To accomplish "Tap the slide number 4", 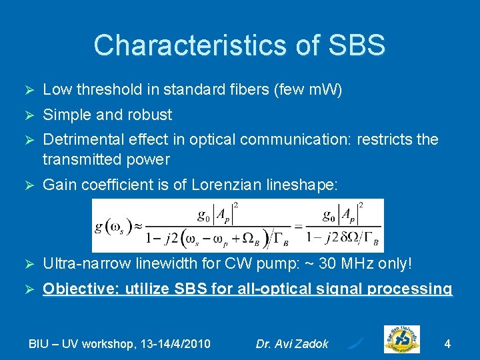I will (447, 344).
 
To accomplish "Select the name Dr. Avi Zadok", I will (292, 344).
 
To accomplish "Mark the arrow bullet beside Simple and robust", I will (28, 115).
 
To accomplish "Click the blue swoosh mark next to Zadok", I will (356, 343).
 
